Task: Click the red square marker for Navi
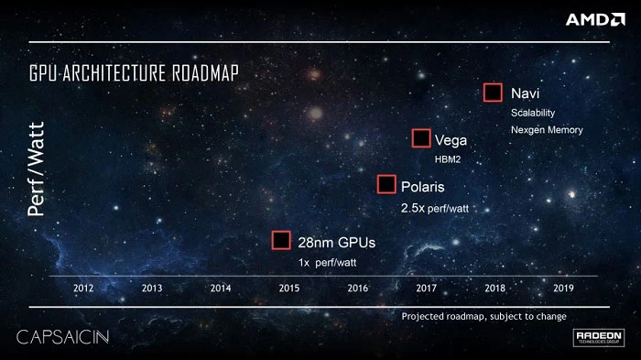[493, 93]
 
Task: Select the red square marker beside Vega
[421, 139]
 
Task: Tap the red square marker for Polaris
[386, 185]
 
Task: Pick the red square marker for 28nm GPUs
[282, 241]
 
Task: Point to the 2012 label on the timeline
[83, 288]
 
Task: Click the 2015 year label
[288, 288]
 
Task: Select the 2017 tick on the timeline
[426, 288]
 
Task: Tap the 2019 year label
[563, 288]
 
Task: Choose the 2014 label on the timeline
[220, 288]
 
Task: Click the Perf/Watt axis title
[36, 178]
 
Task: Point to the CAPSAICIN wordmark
[62, 337]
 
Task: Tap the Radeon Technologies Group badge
[599, 338]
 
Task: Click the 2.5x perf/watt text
[434, 208]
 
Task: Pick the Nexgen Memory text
[546, 130]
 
